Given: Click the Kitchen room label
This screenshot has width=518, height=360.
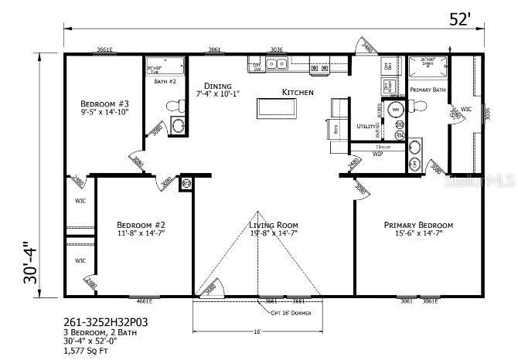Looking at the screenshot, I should (298, 92).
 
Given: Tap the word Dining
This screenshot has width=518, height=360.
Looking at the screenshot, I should (217, 86).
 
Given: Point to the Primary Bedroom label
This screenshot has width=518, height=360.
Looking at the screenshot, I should (418, 225).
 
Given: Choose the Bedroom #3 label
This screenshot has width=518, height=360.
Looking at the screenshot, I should (104, 103).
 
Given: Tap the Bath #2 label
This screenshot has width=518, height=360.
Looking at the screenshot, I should (165, 80).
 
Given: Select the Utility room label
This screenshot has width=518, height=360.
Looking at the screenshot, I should (366, 125).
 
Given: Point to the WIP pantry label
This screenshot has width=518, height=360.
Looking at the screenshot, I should (378, 154).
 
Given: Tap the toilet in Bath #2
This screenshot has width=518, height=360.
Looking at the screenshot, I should (179, 124).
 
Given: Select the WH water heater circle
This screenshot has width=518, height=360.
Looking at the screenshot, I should (395, 110).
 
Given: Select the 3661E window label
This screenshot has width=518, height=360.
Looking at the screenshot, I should (104, 50).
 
